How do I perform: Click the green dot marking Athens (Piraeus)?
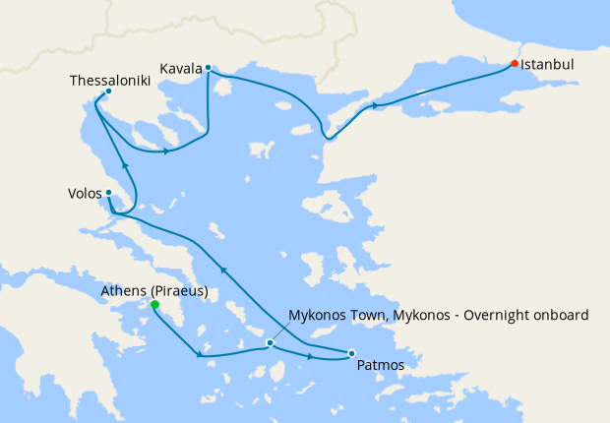154,305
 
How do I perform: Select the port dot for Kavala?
209,68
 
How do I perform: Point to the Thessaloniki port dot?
107,91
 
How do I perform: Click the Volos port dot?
108,193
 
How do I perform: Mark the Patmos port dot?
351,353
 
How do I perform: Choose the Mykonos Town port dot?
270,343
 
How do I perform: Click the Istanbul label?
547,65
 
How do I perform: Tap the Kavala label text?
180,69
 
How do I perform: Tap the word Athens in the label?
125,291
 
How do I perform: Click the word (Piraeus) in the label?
178,291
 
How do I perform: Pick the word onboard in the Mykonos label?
560,316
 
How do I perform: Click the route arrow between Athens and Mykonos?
200,355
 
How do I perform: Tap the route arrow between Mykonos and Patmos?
312,356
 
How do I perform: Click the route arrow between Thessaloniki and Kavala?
168,151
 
